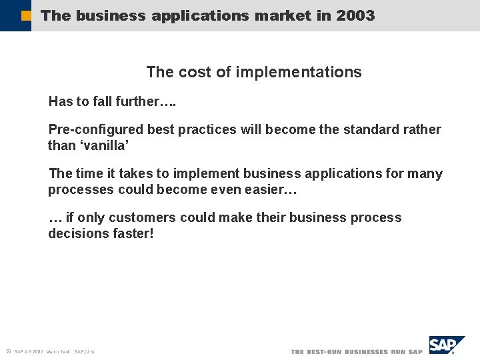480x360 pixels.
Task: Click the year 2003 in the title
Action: click(x=355, y=15)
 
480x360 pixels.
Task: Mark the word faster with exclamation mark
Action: click(x=132, y=233)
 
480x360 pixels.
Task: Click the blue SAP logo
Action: click(x=446, y=346)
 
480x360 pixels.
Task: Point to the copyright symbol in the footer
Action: click(x=8, y=351)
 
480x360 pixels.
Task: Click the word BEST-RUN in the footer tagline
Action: click(x=327, y=351)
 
